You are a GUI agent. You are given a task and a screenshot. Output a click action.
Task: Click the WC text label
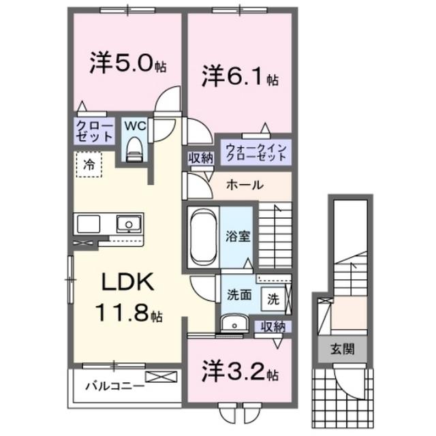click(x=133, y=126)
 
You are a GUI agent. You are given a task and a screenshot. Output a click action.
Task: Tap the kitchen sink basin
click(x=127, y=223)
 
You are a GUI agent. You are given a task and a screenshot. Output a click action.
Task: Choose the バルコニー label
click(x=114, y=387)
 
